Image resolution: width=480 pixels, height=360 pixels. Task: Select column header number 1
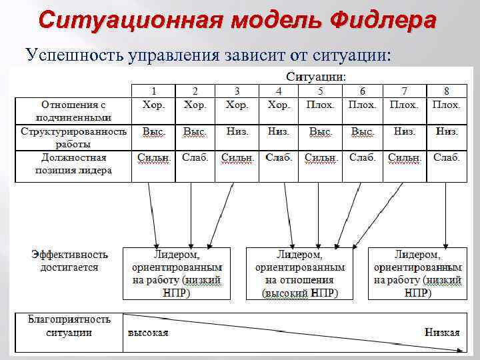pos(153,91)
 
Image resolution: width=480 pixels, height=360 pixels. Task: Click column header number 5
pos(321,91)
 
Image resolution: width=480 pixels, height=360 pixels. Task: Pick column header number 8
pos(447,91)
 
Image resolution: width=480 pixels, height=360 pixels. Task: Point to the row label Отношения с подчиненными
pos(73,111)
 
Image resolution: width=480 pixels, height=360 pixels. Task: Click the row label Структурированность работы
pos(73,137)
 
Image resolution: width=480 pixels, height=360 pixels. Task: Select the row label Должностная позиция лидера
pos(73,164)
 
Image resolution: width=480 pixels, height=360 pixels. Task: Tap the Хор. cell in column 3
pos(237,105)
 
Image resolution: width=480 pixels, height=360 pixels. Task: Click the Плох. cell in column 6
pos(363,105)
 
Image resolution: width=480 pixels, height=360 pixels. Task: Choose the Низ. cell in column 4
pos(279,132)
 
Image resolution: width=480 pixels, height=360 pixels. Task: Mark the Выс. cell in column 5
pos(321,132)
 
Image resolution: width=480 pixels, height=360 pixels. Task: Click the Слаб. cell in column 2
pos(195,158)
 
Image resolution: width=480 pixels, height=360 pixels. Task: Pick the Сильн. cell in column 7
pos(405,159)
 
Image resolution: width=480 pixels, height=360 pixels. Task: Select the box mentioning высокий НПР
pos(300,274)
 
